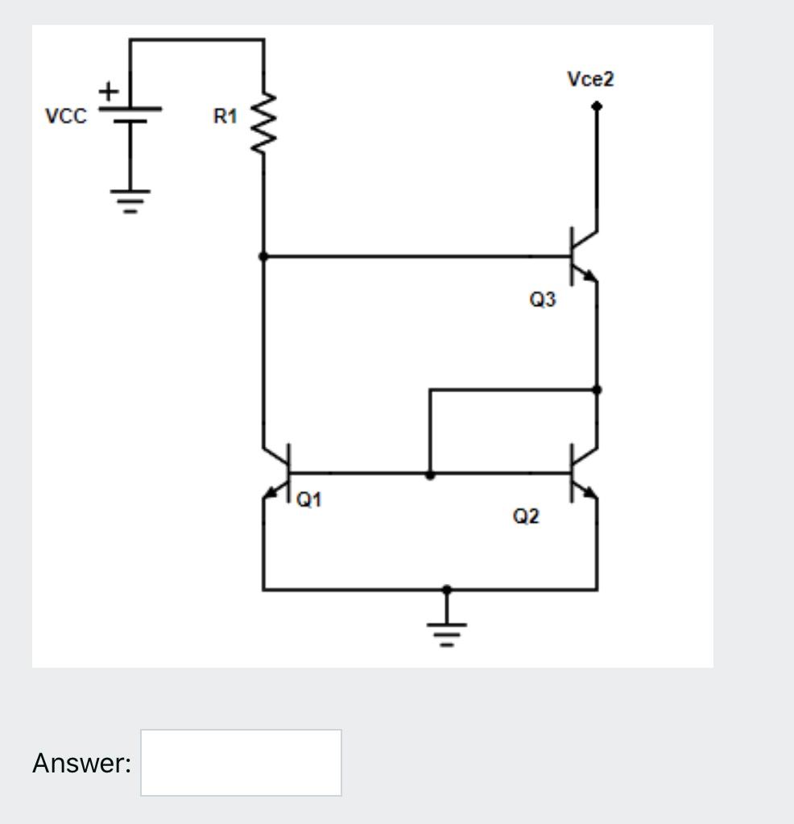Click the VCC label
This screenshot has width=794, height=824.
click(x=64, y=116)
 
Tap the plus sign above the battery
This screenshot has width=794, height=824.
click(x=107, y=93)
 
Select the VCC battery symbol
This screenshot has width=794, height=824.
click(x=129, y=115)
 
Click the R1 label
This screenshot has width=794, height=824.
click(x=225, y=117)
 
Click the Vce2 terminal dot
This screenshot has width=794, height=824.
click(x=596, y=106)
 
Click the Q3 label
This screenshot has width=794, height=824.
click(x=542, y=300)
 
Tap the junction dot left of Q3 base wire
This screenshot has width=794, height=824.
click(x=263, y=256)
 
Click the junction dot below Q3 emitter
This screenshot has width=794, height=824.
click(x=596, y=389)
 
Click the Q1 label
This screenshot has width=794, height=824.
click(x=308, y=500)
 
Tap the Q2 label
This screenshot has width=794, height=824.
click(x=526, y=516)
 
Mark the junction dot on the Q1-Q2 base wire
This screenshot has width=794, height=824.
click(x=430, y=474)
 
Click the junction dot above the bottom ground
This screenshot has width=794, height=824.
click(x=448, y=590)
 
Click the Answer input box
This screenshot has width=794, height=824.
click(x=241, y=762)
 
